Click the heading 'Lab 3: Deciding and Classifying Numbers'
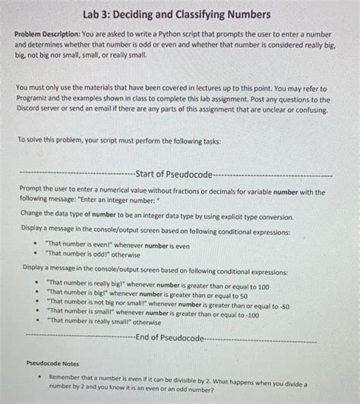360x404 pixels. tap(180, 14)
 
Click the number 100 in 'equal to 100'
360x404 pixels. tap(260, 287)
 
